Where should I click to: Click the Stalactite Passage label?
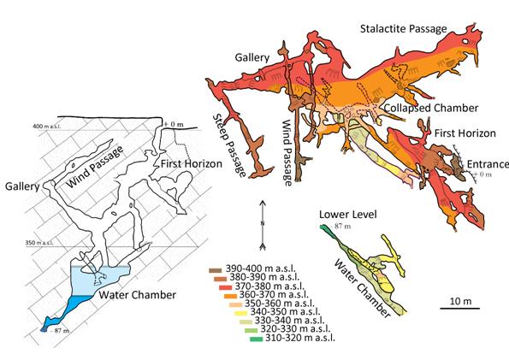point(404,28)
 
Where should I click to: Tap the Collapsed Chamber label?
point(431,108)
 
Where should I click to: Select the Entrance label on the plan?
point(488,164)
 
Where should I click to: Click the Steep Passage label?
point(229,145)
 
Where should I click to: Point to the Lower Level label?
point(348,215)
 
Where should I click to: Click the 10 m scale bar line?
point(459,308)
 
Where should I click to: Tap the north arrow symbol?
point(263,226)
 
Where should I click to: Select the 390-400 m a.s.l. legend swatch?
point(216,270)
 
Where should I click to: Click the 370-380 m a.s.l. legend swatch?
point(225,287)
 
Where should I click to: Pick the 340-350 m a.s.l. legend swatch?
point(241,313)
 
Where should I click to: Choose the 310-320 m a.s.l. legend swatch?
point(256,339)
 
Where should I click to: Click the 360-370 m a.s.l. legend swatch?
point(230,296)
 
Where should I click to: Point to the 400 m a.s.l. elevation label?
point(47,126)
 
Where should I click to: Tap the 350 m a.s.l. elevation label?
point(39,243)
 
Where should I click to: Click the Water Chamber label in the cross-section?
point(138,295)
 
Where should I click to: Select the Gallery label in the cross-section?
point(22,186)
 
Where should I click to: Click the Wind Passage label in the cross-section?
point(95,167)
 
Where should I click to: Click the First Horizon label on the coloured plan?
point(465,133)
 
